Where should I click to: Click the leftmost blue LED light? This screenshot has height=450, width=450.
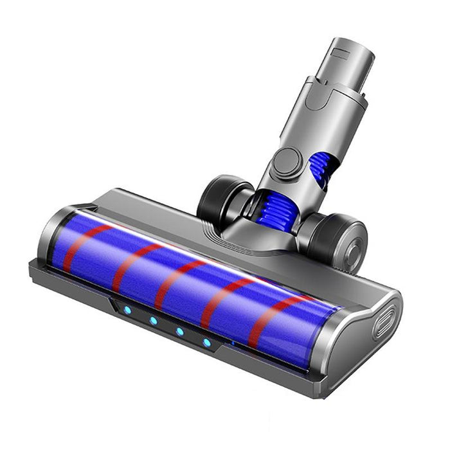[x=127, y=310]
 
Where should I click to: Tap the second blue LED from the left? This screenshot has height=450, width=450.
[x=154, y=321]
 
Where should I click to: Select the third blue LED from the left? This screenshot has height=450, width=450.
[x=180, y=332]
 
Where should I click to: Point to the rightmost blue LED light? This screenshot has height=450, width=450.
[x=207, y=343]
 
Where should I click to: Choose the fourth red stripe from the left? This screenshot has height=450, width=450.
[x=222, y=301]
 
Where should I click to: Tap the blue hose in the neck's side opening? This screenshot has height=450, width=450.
[x=319, y=168]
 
